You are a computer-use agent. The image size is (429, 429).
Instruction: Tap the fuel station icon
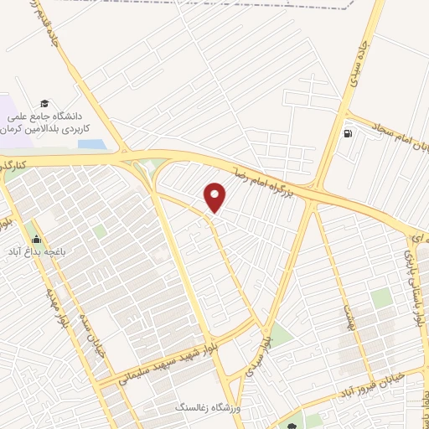click(348, 132)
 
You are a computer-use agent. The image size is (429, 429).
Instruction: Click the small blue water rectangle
click(92, 144)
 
